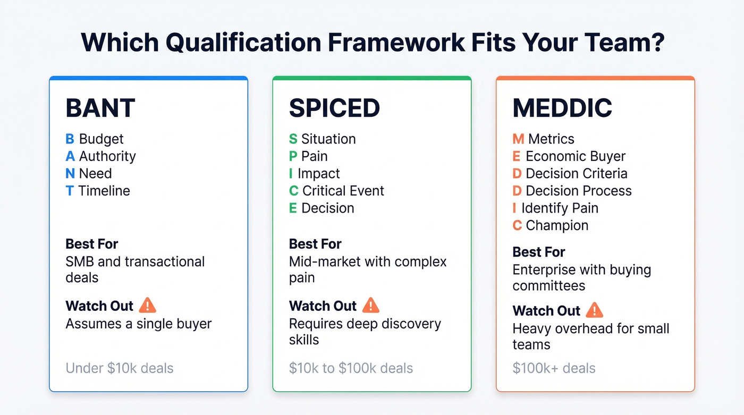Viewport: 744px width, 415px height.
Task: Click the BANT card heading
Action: (x=100, y=108)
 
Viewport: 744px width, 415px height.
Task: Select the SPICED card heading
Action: (x=334, y=108)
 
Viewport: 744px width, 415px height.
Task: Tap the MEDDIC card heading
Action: (x=562, y=108)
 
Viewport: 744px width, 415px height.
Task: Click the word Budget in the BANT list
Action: (x=101, y=139)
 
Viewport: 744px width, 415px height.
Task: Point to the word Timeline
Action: (x=104, y=191)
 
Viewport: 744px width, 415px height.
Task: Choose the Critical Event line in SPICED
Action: (x=343, y=191)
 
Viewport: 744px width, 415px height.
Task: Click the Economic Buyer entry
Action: (x=575, y=156)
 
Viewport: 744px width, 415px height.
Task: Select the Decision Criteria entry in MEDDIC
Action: (x=576, y=174)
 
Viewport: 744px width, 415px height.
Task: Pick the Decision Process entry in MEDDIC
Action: (x=578, y=191)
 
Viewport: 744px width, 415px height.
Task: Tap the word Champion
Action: (x=557, y=225)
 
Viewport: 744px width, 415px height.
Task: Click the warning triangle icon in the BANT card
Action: (x=147, y=306)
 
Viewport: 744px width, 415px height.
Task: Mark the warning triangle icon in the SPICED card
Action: (x=370, y=306)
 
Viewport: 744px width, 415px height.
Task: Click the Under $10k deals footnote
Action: (x=120, y=368)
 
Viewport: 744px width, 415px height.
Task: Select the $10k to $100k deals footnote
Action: (x=351, y=368)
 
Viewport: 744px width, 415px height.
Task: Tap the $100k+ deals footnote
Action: (x=554, y=368)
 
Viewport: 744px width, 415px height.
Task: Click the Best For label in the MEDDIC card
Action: (x=539, y=252)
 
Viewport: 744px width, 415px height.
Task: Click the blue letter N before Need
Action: (x=70, y=174)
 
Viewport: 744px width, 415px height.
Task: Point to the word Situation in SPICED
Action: (x=328, y=139)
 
